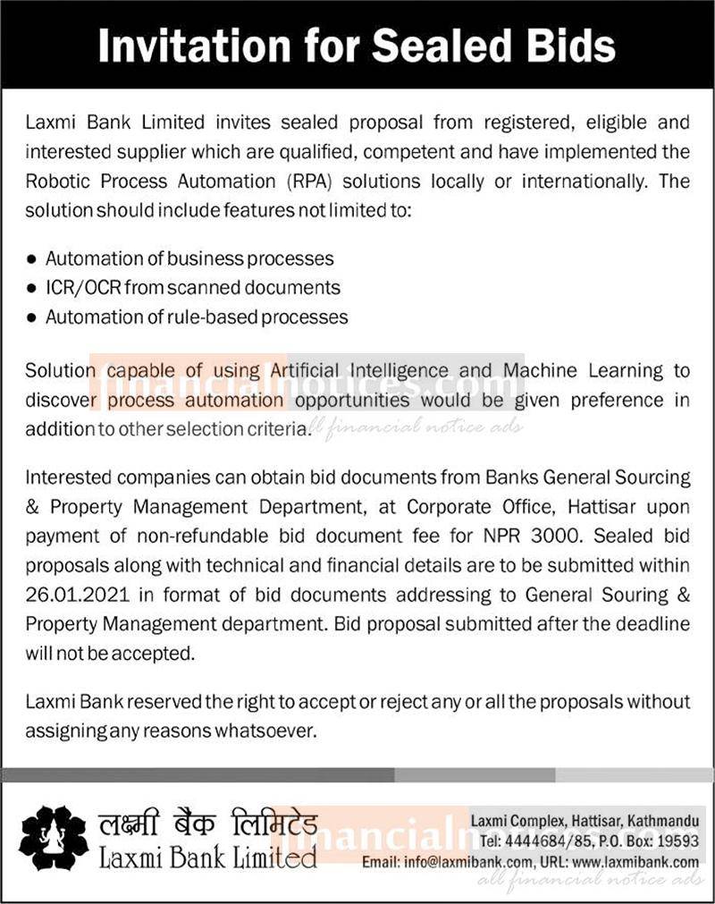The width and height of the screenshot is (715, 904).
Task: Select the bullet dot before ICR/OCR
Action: point(32,288)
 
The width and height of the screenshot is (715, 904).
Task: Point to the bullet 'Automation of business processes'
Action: point(189,258)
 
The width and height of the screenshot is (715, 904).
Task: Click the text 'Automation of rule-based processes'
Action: point(197,317)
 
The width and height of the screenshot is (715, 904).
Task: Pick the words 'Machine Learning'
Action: point(582,369)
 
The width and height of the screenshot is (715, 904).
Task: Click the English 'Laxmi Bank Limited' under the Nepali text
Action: point(206,858)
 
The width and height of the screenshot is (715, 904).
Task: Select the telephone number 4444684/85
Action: point(540,841)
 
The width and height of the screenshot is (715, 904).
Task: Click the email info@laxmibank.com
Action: point(462,862)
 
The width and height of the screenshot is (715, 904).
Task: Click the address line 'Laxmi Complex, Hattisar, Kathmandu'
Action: point(585,821)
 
